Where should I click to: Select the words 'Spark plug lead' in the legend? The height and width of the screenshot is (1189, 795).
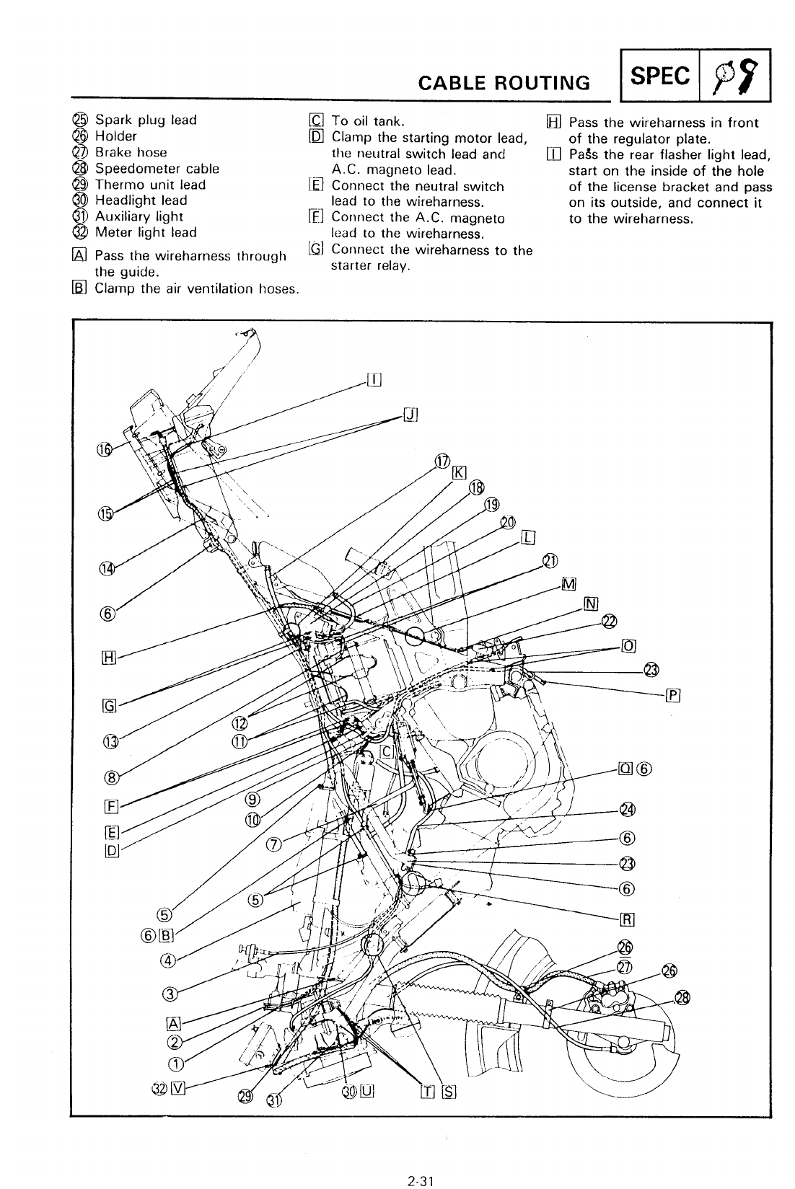pyautogui.click(x=146, y=120)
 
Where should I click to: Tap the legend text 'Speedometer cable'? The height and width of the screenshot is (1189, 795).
pyautogui.click(x=157, y=169)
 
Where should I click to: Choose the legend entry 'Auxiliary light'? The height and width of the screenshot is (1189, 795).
pyautogui.click(x=139, y=216)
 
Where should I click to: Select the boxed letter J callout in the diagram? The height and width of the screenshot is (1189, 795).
pyautogui.click(x=410, y=415)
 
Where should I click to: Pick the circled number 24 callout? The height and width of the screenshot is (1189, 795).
pyautogui.click(x=627, y=810)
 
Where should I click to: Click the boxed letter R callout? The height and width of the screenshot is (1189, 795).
pyautogui.click(x=627, y=919)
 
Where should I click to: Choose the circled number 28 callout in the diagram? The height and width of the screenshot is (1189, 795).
pyautogui.click(x=682, y=997)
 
